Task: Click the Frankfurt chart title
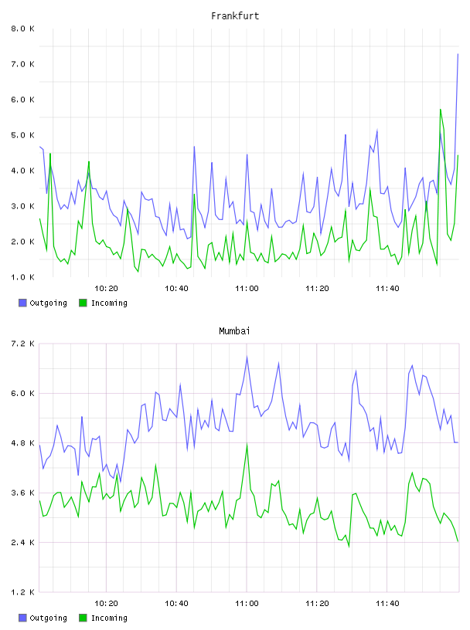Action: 235,16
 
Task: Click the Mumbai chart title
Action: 234,331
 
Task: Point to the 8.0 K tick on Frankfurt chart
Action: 23,29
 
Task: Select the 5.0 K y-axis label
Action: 23,135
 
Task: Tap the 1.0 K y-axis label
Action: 23,277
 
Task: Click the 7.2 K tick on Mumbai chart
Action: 23,344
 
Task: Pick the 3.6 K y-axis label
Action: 23,493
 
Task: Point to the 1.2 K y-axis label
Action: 23,592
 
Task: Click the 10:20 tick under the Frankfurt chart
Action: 106,289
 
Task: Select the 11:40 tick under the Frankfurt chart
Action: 387,289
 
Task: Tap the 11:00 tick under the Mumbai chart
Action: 247,604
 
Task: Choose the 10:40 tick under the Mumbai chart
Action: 176,604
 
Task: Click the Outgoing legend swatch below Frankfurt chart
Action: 22,303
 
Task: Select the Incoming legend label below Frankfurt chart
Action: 109,303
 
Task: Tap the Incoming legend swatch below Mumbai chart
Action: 83,618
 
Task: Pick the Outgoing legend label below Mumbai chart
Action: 48,618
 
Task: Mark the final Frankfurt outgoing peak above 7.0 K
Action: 458,54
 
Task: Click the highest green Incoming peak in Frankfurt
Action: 441,110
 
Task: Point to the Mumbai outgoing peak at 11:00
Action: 247,357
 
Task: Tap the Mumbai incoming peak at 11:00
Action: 247,445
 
